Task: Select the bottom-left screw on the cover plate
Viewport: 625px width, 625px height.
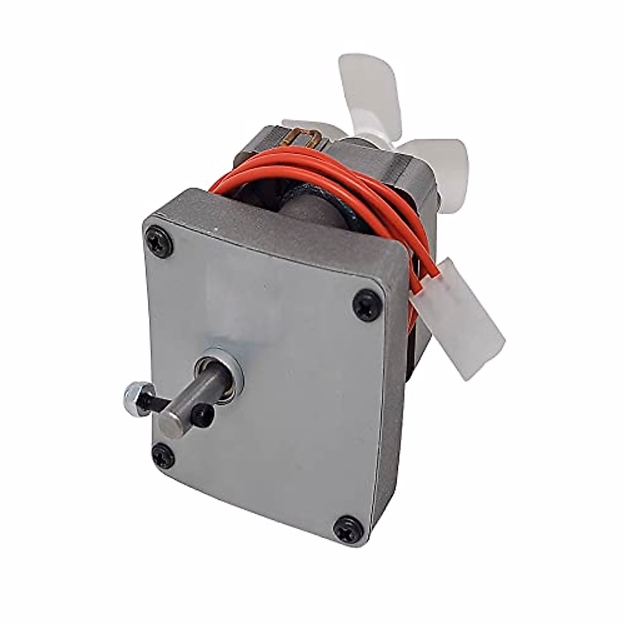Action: click(x=161, y=451)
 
